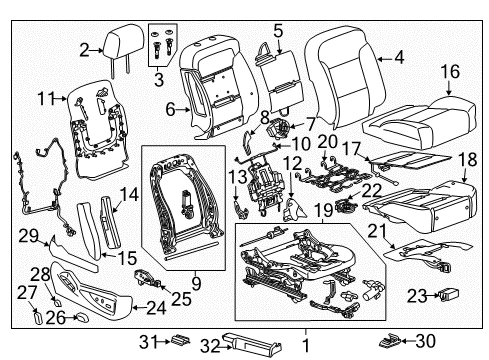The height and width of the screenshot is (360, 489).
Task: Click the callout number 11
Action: (x=43, y=98)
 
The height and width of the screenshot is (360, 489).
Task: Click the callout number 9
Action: (x=195, y=283)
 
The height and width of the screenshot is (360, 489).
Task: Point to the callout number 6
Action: (x=169, y=108)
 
